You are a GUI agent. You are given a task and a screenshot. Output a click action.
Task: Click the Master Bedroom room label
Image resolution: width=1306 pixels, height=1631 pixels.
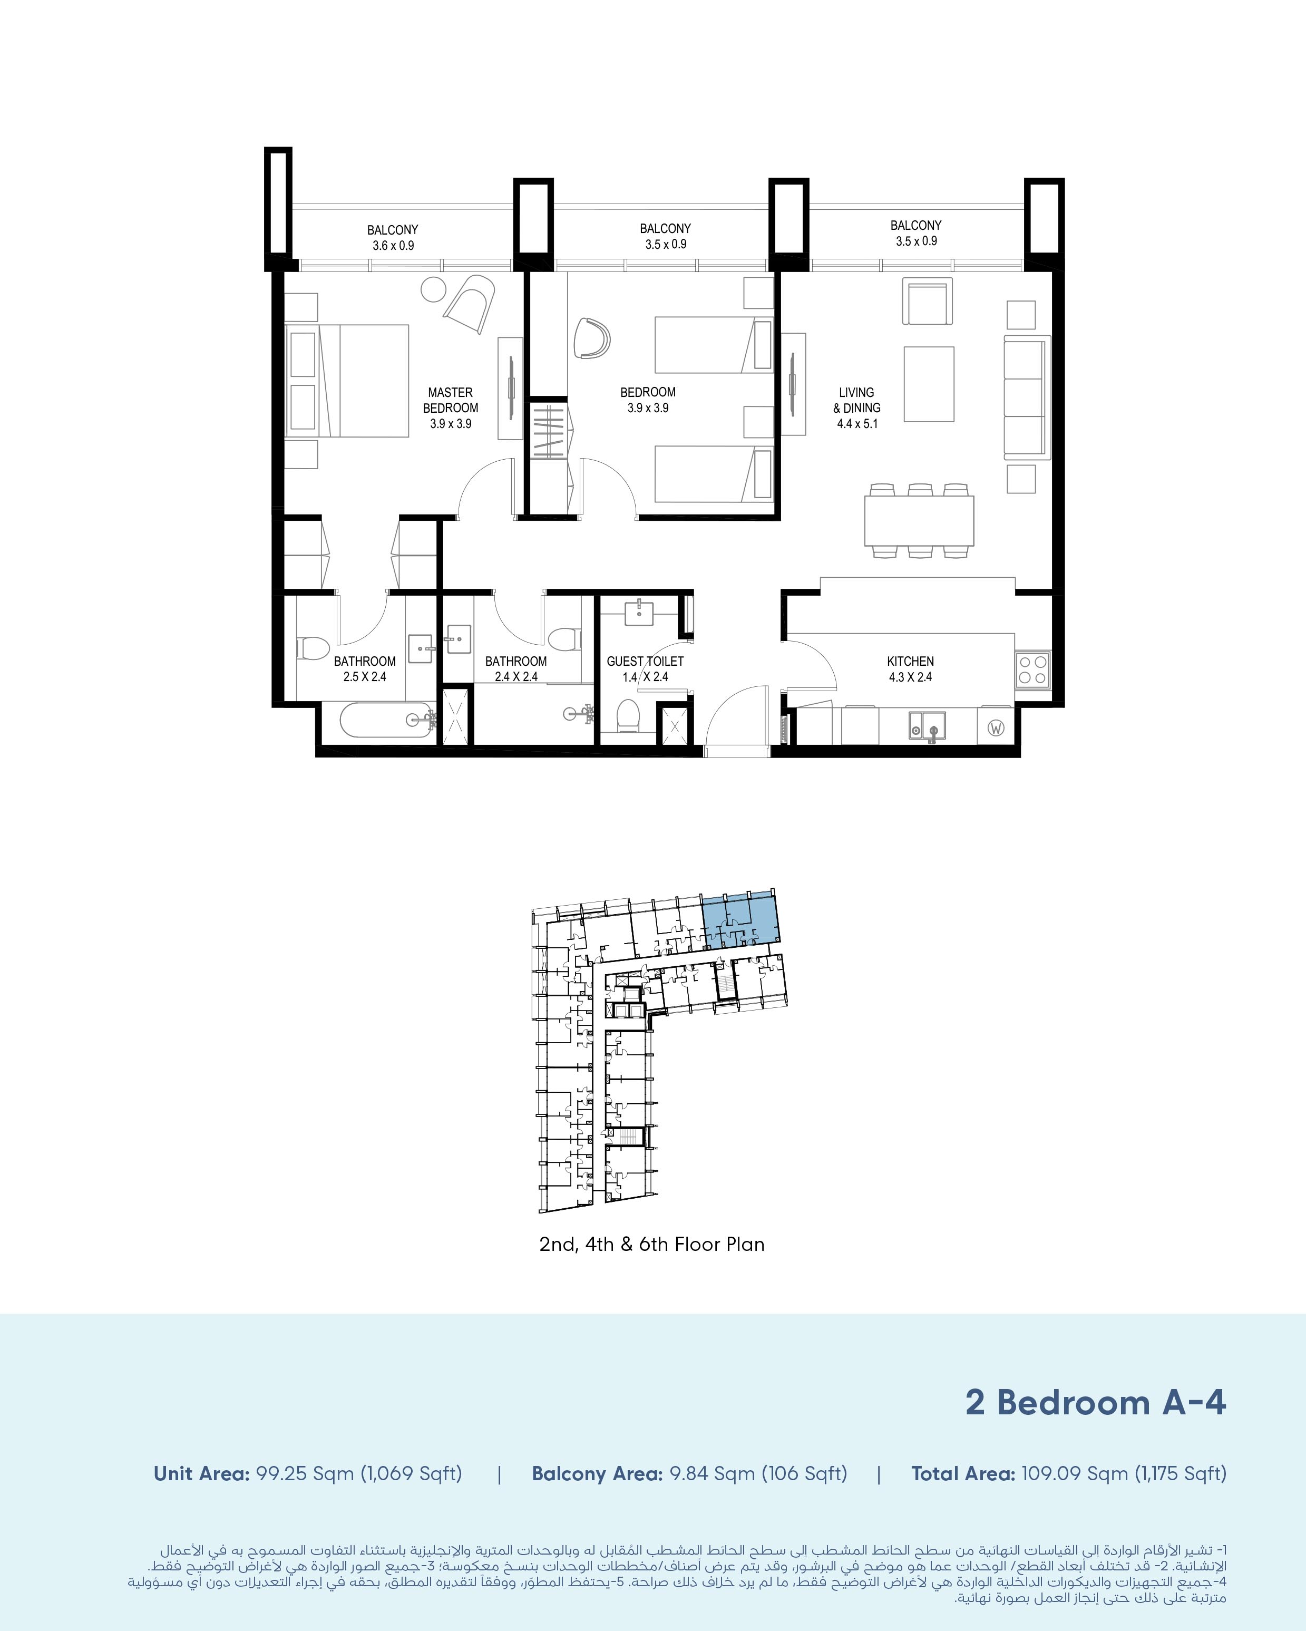point(451,400)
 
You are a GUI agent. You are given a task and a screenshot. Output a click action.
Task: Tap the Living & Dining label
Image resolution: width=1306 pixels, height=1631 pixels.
point(857,400)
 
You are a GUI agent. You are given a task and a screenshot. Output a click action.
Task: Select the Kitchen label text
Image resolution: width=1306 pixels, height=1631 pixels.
point(911,661)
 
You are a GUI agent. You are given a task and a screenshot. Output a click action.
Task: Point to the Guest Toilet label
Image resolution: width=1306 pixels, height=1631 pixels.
point(645,661)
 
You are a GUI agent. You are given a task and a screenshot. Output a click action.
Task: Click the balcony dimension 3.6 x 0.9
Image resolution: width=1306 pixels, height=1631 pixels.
point(393,246)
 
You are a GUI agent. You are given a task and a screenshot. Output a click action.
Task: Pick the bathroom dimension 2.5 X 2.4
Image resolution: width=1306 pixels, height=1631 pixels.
point(365,677)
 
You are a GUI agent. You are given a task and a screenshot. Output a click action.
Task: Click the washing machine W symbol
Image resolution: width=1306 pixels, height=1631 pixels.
point(996,729)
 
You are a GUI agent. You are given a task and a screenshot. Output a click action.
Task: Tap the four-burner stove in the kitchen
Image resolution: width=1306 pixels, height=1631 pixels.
point(1032,669)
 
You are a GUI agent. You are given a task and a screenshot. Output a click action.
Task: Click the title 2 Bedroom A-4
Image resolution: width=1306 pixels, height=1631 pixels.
point(1096,1402)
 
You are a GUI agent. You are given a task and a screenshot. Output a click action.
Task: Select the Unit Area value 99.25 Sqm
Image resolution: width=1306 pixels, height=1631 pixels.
point(305,1474)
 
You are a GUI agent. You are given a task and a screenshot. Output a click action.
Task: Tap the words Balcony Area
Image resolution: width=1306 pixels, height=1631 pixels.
point(598,1474)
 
